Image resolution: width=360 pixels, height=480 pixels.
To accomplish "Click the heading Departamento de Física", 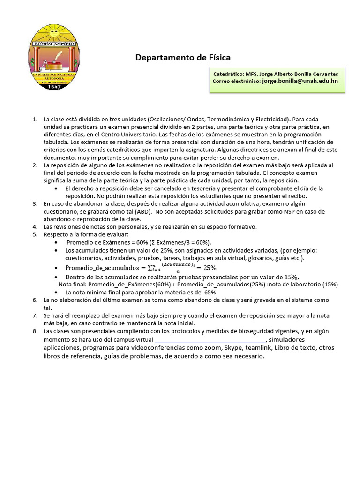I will pyautogui.click(x=183, y=58).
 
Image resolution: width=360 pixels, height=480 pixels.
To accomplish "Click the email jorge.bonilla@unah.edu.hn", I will pyautogui.click(x=300, y=81).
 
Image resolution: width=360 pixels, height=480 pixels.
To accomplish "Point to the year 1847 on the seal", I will pyautogui.click(x=54, y=86).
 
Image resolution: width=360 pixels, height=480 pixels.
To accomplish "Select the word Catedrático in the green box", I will pyautogui.click(x=228, y=74).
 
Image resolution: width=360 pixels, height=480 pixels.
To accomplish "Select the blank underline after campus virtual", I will pyautogui.click(x=210, y=340).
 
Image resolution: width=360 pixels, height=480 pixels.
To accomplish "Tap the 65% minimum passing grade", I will pyautogui.click(x=210, y=292).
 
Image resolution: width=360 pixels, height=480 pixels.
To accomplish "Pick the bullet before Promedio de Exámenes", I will pyautogui.click(x=56, y=242).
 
